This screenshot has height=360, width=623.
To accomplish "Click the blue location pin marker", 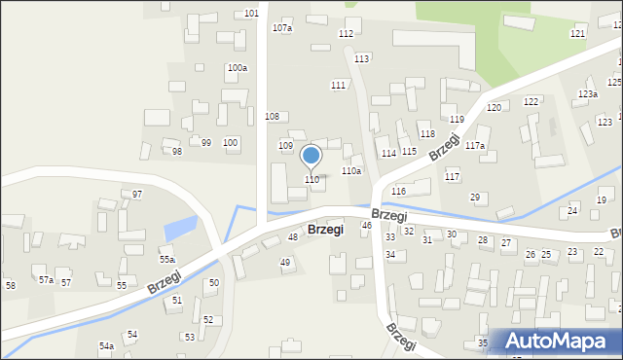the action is pyautogui.click(x=311, y=157).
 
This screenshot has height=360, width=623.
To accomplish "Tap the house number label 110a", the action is pyautogui.click(x=351, y=171).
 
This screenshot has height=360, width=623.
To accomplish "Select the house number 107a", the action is pyautogui.click(x=282, y=28).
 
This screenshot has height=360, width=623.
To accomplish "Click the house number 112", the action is pyautogui.click(x=346, y=34).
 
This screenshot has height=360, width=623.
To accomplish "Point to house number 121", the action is pyautogui.click(x=578, y=34).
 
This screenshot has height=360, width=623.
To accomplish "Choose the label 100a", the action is pyautogui.click(x=237, y=68).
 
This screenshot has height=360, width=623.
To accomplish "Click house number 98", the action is pyautogui.click(x=177, y=152).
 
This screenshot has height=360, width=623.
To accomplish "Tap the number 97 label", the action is pyautogui.click(x=137, y=195).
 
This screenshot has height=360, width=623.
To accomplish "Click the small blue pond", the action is pyautogui.click(x=179, y=231).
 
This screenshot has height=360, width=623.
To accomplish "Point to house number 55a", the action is pyautogui.click(x=167, y=260).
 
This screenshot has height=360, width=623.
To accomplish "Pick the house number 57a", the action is pyautogui.click(x=46, y=280).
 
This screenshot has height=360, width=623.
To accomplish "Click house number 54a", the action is pyautogui.click(x=106, y=345).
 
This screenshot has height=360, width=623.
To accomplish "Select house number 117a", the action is pyautogui.click(x=474, y=146).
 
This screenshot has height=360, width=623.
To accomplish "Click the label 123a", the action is pyautogui.click(x=587, y=94).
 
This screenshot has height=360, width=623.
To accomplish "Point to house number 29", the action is pyautogui.click(x=475, y=198).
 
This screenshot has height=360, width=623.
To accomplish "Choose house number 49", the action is pyautogui.click(x=285, y=263).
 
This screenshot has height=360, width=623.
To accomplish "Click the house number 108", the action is pyautogui.click(x=273, y=117).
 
